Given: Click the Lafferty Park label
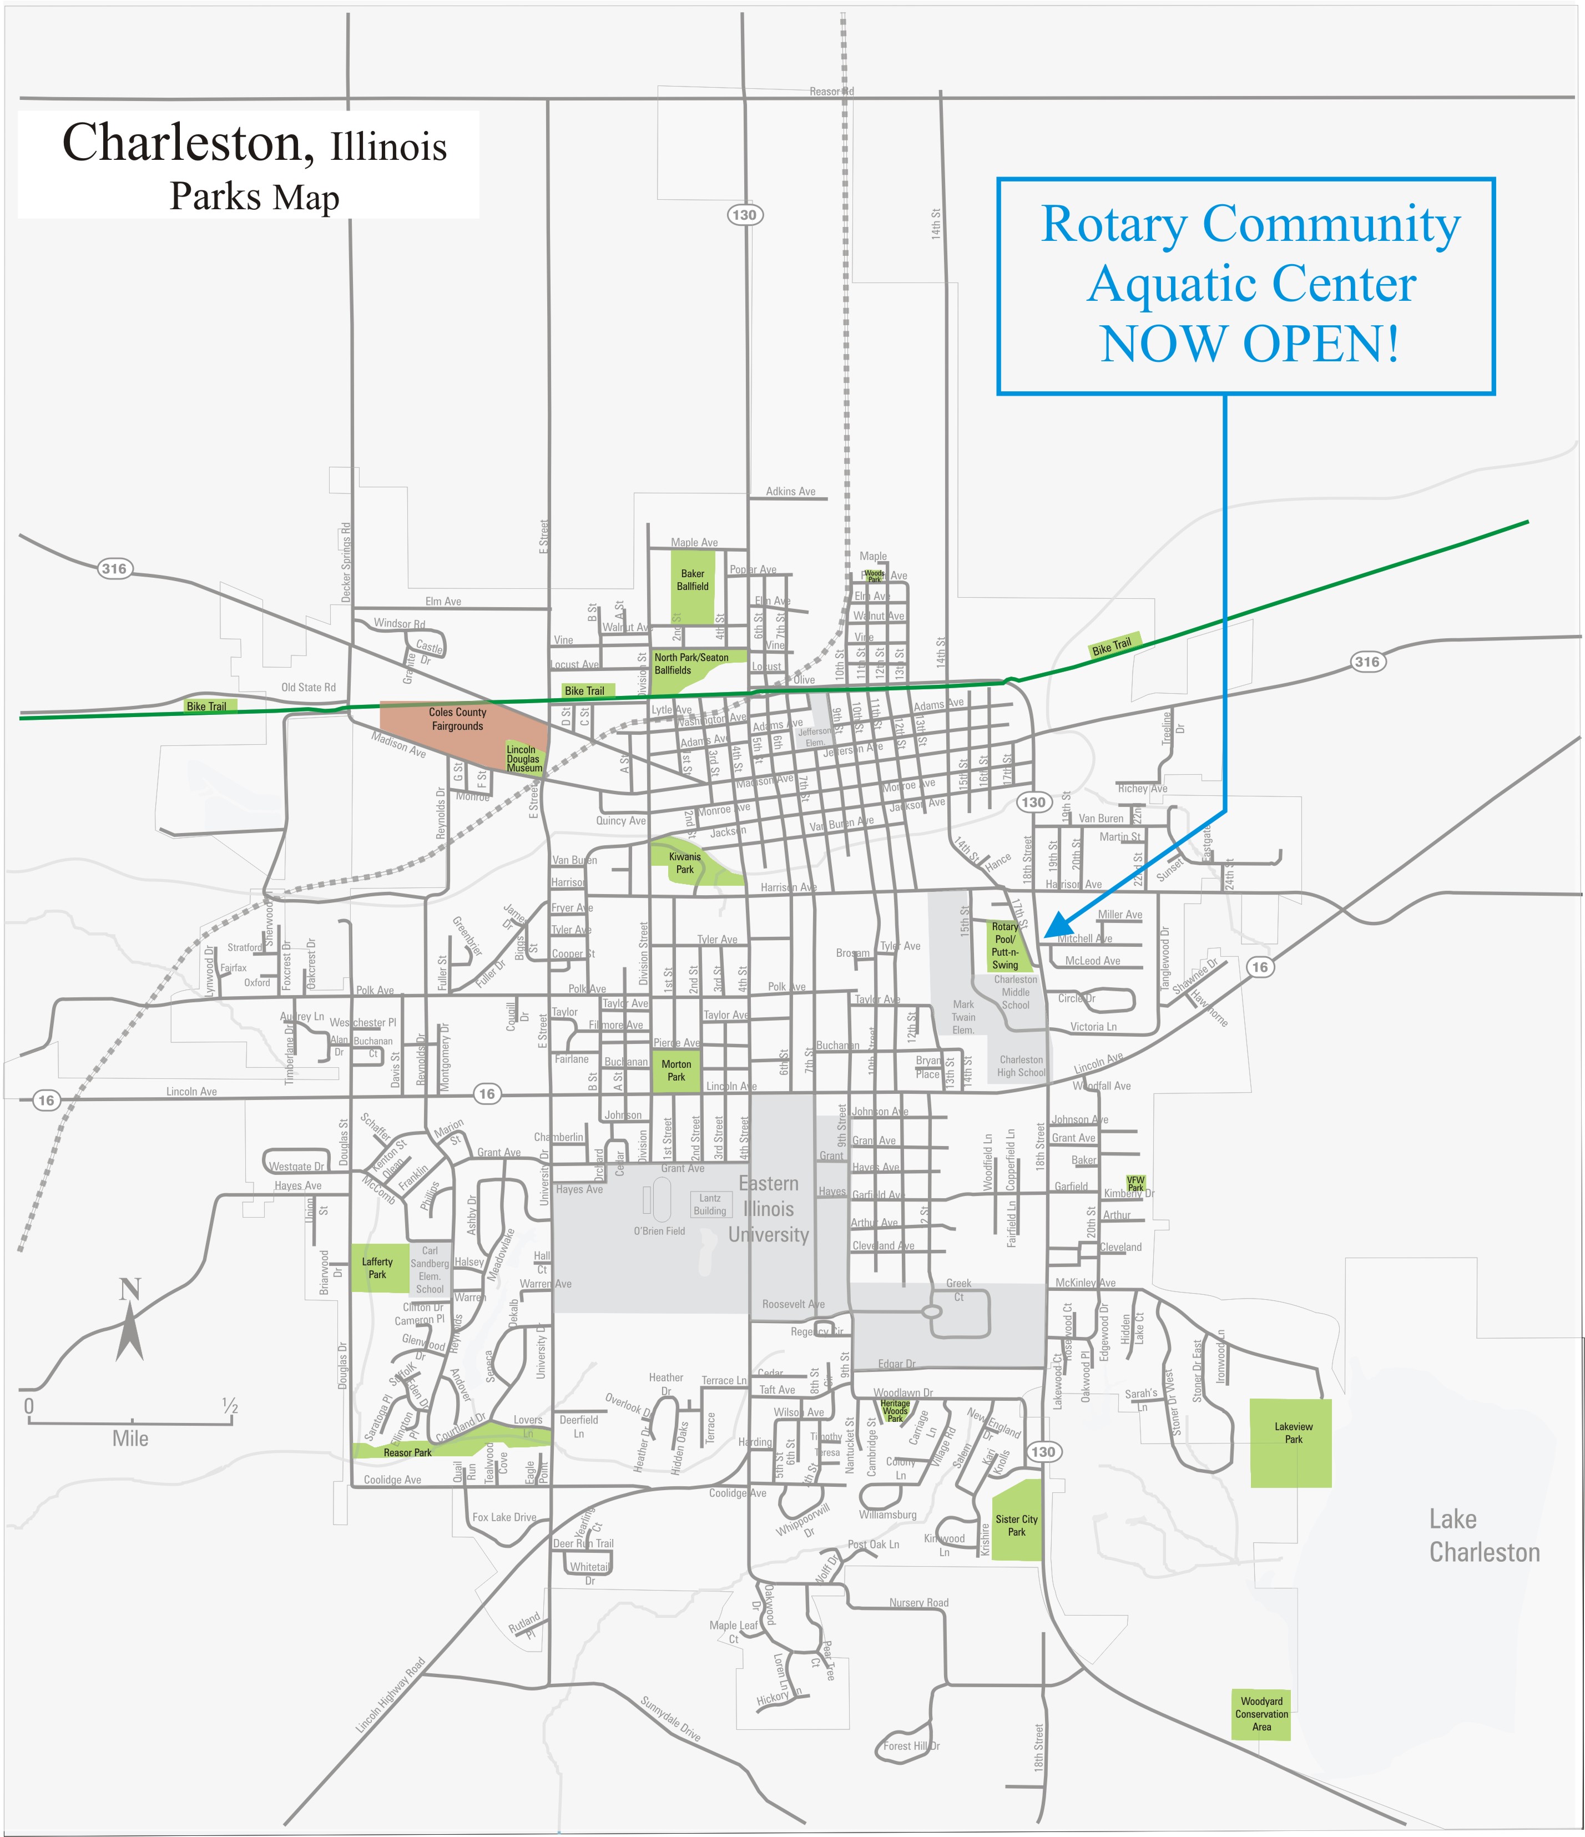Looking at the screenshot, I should (x=377, y=1268).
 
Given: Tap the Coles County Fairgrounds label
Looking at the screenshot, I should (x=457, y=719).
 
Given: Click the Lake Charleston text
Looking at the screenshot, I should (x=1483, y=1536).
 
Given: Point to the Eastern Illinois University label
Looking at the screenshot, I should (x=769, y=1208).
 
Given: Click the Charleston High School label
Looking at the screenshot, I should (x=1021, y=1066).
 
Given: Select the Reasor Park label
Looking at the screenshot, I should (x=408, y=1452).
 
